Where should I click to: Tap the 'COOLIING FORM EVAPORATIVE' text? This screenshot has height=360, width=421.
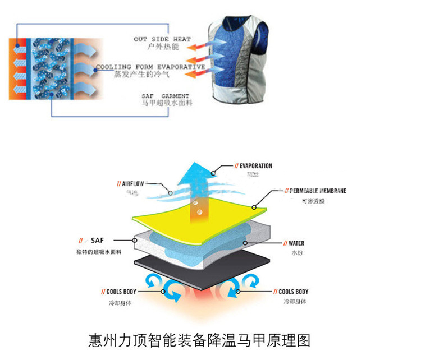click(x=150, y=67)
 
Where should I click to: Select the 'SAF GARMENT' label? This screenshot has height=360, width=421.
click(x=165, y=96)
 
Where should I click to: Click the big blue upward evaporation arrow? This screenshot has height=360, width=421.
click(x=196, y=185)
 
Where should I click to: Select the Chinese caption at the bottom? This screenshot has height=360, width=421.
click(x=199, y=340)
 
